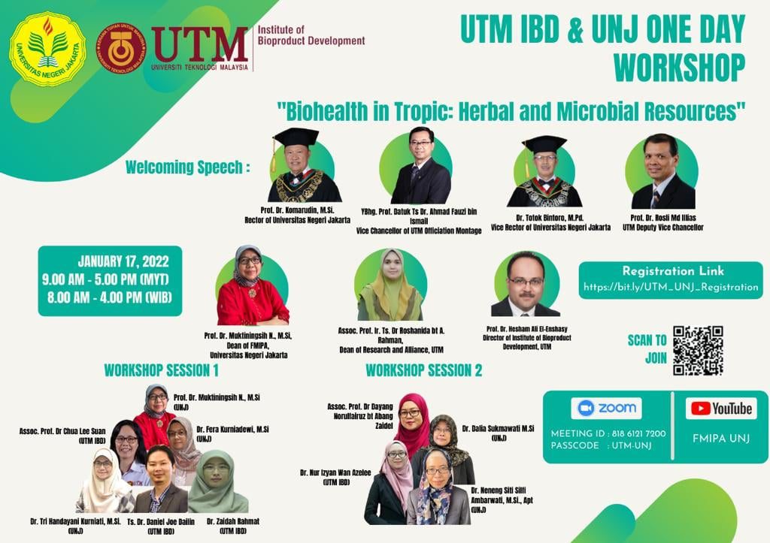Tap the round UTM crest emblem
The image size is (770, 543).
coord(121,48)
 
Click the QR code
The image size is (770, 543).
coord(698,350)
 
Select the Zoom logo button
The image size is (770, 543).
coord(606,409)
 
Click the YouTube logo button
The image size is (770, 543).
coord(721,409)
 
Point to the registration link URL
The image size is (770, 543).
coord(671,287)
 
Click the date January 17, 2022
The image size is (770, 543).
coord(123,262)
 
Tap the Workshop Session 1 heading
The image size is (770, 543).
coord(161,370)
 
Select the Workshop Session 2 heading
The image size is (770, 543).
coord(423,370)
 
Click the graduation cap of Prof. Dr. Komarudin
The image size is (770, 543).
coord(296,137)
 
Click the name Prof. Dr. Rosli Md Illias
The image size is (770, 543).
coord(662,217)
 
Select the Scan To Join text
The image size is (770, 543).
coord(647,349)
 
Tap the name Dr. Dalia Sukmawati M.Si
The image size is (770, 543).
coord(497,428)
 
